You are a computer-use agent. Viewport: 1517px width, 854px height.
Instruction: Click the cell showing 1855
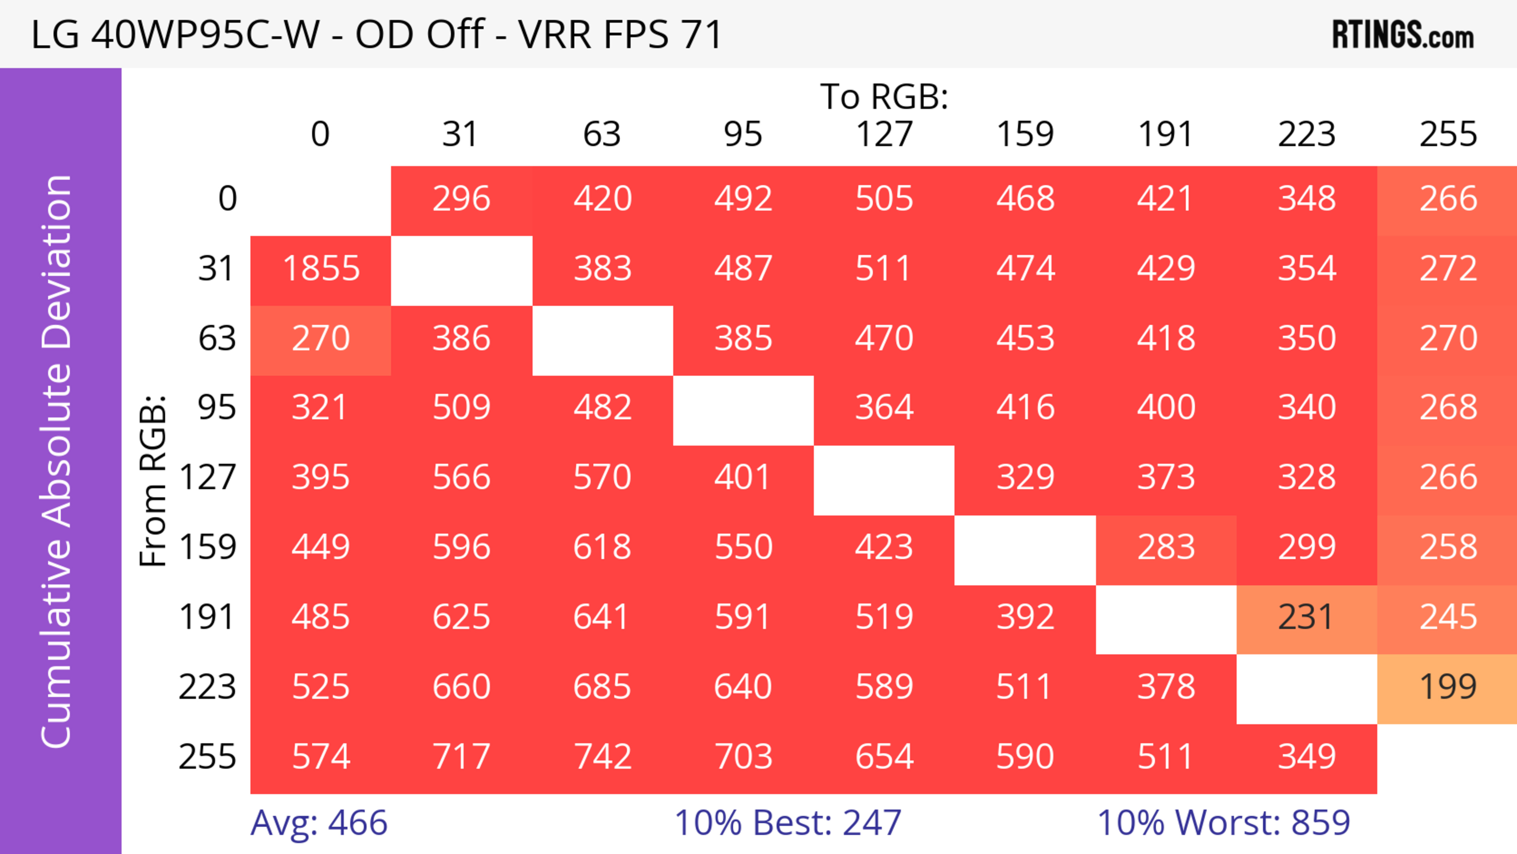[321, 269]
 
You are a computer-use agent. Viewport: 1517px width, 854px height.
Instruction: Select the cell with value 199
[1447, 687]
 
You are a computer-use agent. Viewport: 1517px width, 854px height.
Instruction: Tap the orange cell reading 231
[1306, 618]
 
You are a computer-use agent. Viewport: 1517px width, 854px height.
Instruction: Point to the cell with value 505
[884, 199]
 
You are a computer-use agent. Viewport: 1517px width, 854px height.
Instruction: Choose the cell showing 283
[1165, 548]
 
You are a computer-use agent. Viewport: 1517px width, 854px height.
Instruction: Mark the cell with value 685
[602, 687]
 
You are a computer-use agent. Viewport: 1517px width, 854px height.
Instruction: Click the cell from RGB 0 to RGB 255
[1447, 199]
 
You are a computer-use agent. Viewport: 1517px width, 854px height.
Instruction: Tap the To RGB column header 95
[743, 134]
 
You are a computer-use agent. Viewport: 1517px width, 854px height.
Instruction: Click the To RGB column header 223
[1306, 134]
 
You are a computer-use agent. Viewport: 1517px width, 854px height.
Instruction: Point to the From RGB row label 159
[208, 548]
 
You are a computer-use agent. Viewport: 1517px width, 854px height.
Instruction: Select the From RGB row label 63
[217, 339]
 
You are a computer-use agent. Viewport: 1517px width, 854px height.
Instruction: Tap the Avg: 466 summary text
[318, 823]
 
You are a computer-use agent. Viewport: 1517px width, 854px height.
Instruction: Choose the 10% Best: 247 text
[787, 823]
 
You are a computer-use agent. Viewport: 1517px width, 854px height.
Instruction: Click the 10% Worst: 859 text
[1223, 823]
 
